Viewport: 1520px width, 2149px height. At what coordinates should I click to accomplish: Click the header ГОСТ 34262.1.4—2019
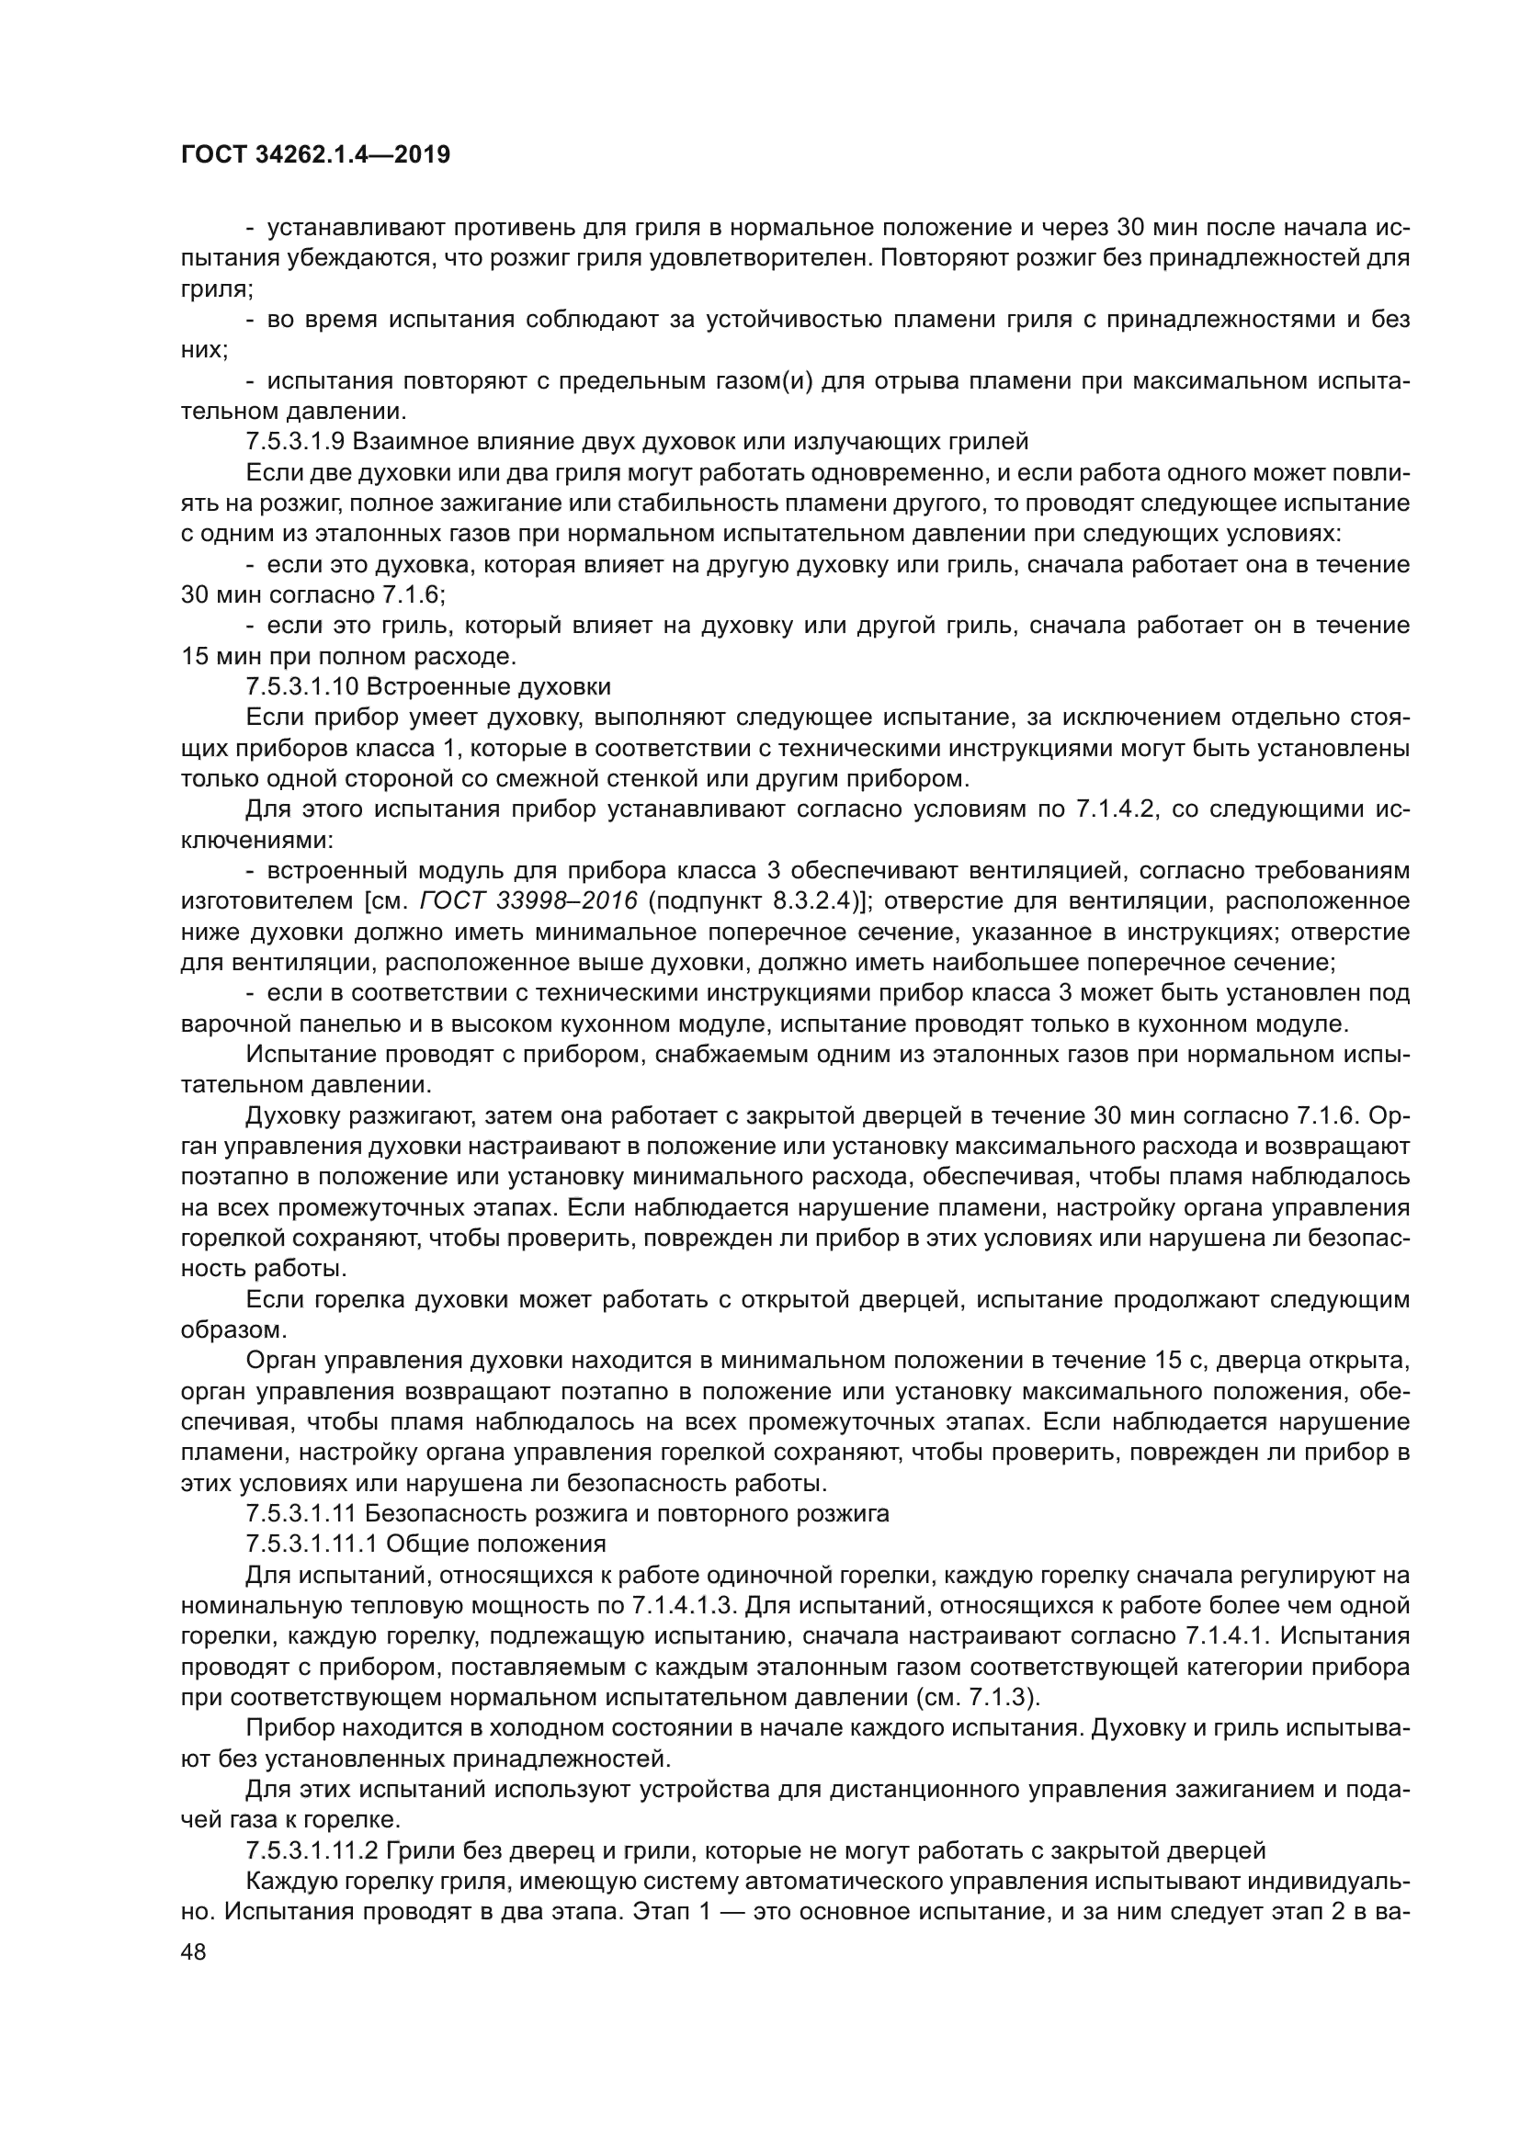[x=314, y=154]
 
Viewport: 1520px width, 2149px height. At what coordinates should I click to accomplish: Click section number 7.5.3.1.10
[x=302, y=687]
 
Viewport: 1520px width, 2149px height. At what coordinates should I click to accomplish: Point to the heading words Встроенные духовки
[x=489, y=687]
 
